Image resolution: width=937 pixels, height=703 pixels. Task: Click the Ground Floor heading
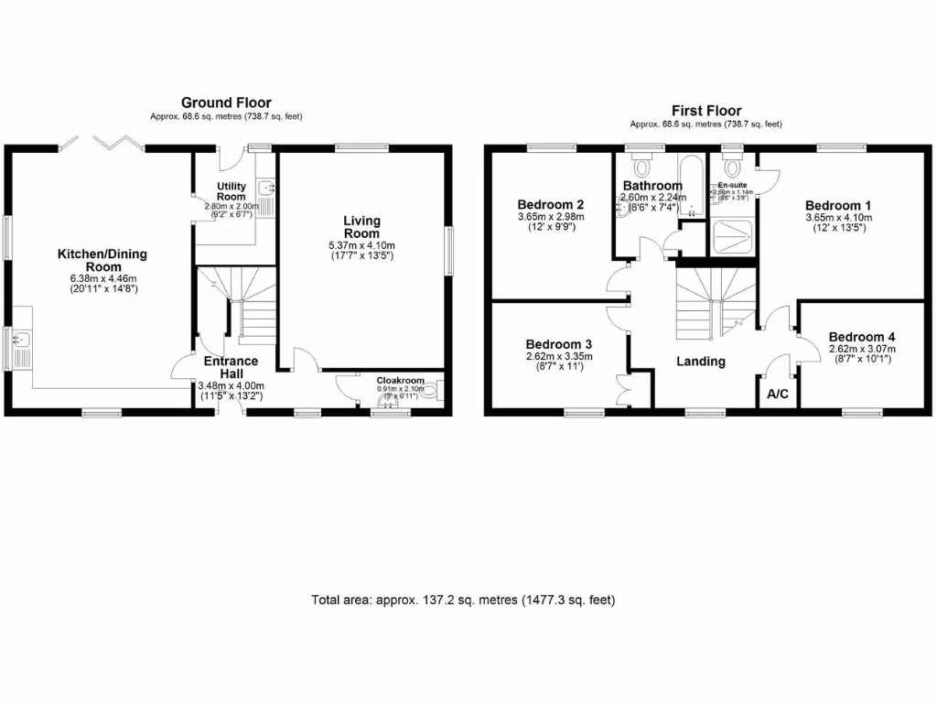(x=226, y=103)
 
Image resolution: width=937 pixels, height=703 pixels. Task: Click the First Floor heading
(x=705, y=110)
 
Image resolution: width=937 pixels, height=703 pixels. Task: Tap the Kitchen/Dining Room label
(x=102, y=260)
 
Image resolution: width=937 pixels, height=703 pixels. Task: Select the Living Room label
(x=361, y=227)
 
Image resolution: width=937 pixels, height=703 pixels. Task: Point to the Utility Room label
(x=231, y=191)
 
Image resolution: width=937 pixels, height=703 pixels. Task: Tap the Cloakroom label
(x=401, y=380)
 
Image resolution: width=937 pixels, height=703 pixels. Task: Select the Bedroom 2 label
(x=550, y=204)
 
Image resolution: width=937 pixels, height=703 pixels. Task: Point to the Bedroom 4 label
(x=862, y=337)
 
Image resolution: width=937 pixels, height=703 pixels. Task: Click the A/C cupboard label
(x=778, y=395)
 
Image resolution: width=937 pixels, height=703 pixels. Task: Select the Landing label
(x=701, y=362)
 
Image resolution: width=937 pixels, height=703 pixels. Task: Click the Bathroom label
(x=652, y=185)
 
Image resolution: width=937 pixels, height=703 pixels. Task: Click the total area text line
(x=463, y=600)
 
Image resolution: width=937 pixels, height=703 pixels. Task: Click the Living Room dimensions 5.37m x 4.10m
(x=361, y=245)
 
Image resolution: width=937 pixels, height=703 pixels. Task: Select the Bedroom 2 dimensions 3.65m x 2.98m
(x=550, y=217)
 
